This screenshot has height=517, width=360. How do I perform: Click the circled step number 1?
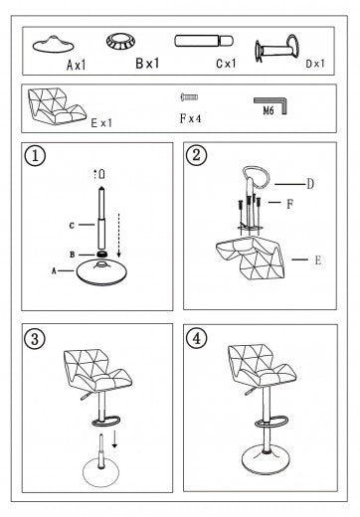(35, 155)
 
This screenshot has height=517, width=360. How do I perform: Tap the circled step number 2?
(197, 155)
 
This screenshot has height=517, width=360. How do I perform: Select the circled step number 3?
(35, 339)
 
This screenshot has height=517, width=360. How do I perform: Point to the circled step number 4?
(197, 338)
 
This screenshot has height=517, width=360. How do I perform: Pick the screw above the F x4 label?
(189, 96)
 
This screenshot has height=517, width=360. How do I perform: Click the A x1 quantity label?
(77, 65)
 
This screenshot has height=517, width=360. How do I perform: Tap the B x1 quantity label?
(147, 63)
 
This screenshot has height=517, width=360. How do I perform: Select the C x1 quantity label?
(226, 64)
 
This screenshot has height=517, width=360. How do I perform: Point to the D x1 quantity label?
(315, 64)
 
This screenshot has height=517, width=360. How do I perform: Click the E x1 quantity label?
(101, 123)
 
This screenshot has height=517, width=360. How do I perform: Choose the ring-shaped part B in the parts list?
(120, 42)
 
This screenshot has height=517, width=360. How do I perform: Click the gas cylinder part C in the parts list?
(204, 41)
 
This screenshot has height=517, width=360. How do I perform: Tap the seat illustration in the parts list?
(57, 106)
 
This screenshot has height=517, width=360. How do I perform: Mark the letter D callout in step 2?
(310, 184)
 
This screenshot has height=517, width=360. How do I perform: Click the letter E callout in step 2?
(318, 260)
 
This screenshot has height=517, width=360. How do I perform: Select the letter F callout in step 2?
(290, 204)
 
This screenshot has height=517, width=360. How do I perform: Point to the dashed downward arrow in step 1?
(118, 235)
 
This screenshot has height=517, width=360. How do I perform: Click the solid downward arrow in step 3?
(114, 439)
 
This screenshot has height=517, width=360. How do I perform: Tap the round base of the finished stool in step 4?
(266, 460)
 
